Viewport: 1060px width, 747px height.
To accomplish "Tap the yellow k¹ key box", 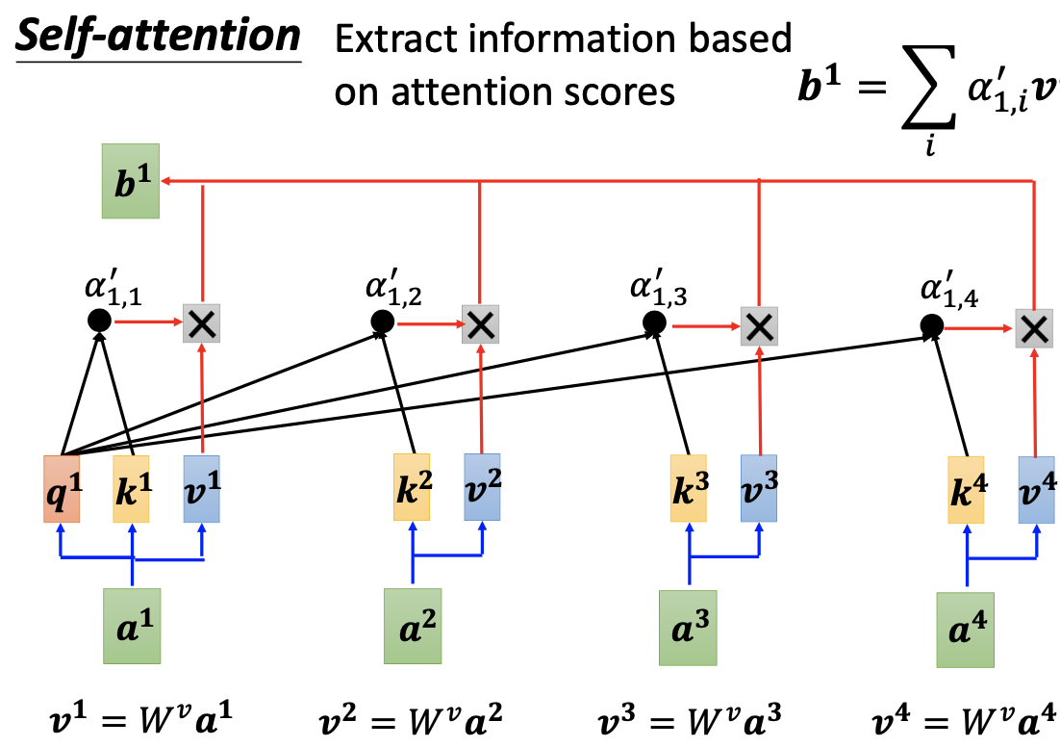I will [x=132, y=489].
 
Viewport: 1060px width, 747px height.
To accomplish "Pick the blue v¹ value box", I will [x=202, y=489].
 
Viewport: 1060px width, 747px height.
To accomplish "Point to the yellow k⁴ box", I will [x=966, y=490].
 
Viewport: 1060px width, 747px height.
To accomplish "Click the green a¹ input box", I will [x=132, y=626].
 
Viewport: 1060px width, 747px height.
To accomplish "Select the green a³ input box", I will [x=689, y=628].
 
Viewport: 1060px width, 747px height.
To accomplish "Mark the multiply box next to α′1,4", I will [x=1034, y=329].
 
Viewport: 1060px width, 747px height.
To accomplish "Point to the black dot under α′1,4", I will [x=930, y=327].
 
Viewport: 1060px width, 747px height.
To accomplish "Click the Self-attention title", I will [x=159, y=37].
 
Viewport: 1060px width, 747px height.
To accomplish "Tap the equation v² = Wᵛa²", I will [x=411, y=718].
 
